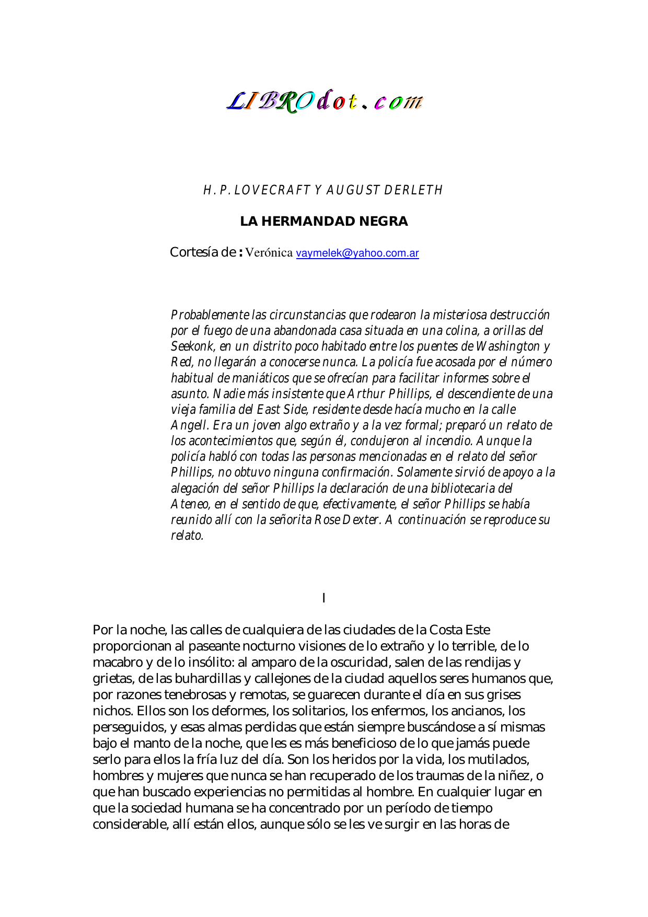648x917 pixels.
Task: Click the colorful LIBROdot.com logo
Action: pyautogui.click(x=324, y=101)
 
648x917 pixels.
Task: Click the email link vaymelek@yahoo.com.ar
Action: pyautogui.click(x=357, y=253)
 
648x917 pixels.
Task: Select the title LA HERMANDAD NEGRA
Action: pyautogui.click(x=323, y=222)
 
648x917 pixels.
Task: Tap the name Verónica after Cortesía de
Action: pyautogui.click(x=269, y=253)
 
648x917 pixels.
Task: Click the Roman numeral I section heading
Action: pyautogui.click(x=324, y=598)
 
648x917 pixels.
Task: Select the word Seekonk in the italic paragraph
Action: pyautogui.click(x=192, y=346)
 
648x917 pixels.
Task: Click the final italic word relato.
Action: pyautogui.click(x=187, y=536)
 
